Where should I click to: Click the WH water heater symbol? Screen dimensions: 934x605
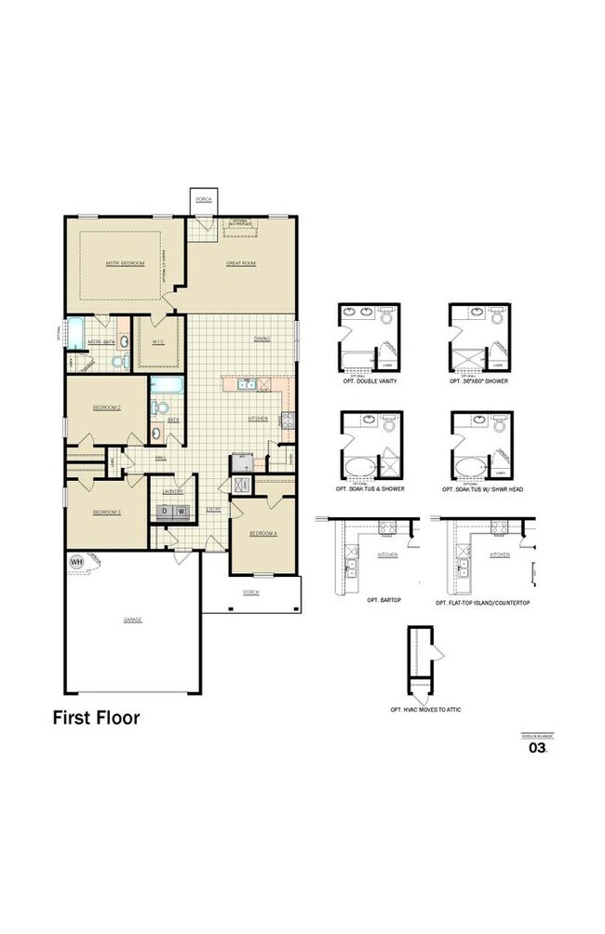[x=75, y=561]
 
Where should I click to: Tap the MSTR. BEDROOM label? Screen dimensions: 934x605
[x=126, y=263]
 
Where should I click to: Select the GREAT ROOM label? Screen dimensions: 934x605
[x=241, y=263]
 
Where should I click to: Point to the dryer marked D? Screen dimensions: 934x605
[x=164, y=511]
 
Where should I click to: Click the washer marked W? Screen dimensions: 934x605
[x=182, y=511]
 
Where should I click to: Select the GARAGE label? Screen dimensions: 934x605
[x=132, y=619]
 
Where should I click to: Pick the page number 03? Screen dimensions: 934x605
[x=537, y=746]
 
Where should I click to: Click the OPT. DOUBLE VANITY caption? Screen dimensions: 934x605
[x=369, y=382]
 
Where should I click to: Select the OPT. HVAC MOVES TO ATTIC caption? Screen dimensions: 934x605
[x=425, y=710]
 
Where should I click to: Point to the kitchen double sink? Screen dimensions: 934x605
[x=248, y=384]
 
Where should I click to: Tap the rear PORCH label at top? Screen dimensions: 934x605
[x=203, y=199]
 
